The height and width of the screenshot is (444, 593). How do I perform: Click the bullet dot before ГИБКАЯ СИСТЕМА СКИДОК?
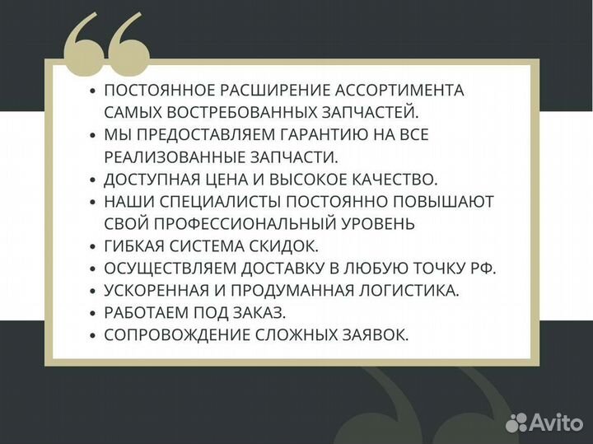tap(93, 246)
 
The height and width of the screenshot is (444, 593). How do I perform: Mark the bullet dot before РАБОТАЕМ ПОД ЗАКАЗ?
tap(93, 313)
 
